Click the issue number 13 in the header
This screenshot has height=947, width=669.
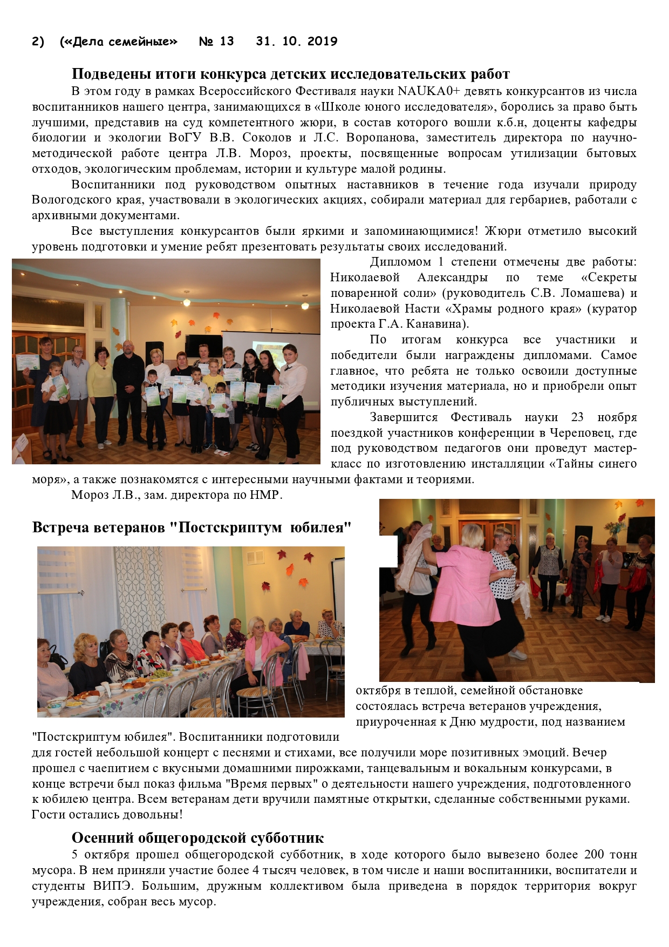(x=227, y=42)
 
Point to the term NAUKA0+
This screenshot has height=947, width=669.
(x=429, y=91)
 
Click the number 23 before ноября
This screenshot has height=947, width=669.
(x=577, y=417)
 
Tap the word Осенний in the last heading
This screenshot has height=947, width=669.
(x=103, y=838)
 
